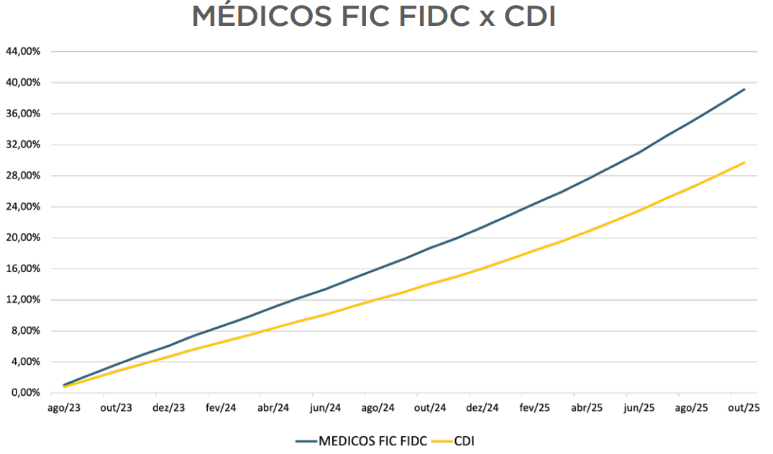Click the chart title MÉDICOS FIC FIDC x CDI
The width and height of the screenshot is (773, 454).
373,17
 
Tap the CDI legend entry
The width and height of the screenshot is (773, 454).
464,440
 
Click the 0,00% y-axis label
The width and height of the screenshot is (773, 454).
24,393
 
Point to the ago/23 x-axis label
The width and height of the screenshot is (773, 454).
64,408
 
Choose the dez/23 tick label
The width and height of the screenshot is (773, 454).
169,408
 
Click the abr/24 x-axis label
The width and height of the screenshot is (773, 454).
273,408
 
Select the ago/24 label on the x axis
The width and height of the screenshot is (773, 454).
378,408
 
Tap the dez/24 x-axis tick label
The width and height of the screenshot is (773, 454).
482,408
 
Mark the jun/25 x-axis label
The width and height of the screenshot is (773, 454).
639,408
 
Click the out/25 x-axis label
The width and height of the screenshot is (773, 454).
744,408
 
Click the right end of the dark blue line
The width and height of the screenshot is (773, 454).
744,89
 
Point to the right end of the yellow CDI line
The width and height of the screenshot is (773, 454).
744,163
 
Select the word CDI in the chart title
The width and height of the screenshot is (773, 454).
529,17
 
